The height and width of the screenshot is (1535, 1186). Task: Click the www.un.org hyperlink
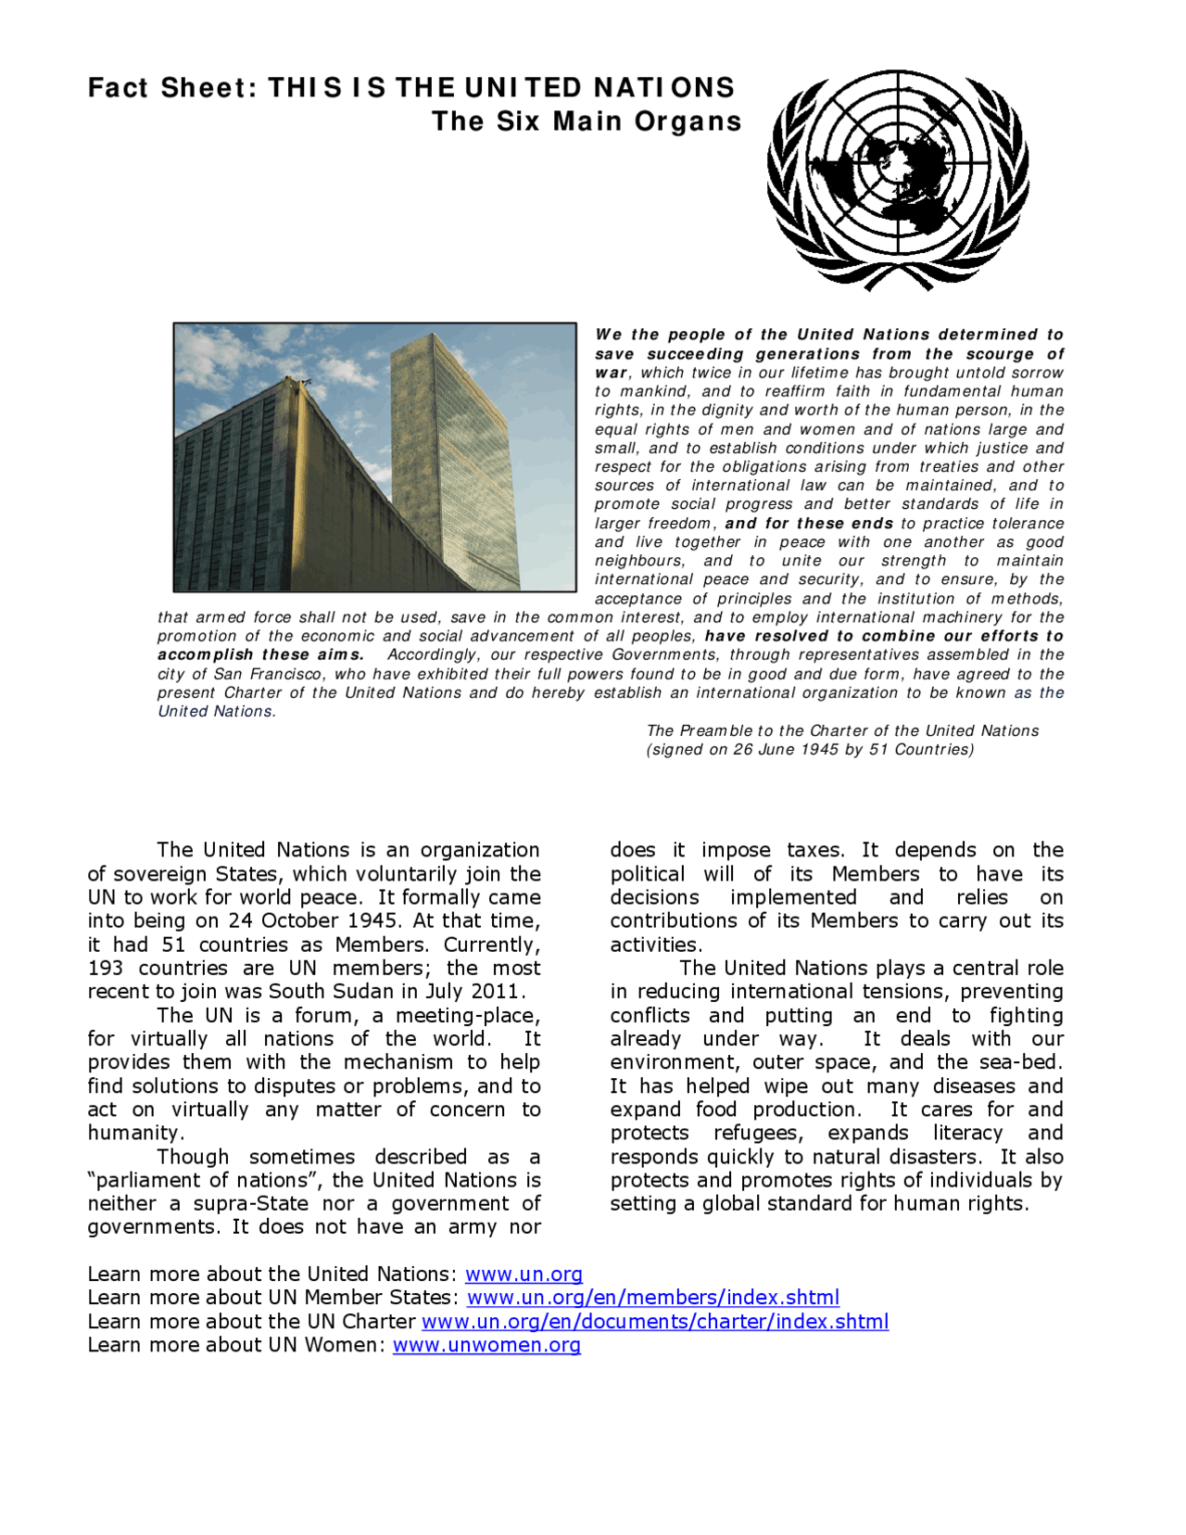click(x=524, y=1275)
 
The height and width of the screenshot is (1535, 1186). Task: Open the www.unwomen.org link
click(x=486, y=1345)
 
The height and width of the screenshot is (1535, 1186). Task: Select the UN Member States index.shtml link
click(x=653, y=1298)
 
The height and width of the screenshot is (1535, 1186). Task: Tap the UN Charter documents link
click(x=655, y=1322)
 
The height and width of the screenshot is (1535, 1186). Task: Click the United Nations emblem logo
click(x=897, y=180)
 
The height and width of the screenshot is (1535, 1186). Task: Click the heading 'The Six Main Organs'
click(x=587, y=121)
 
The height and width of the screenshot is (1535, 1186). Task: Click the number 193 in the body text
click(x=107, y=969)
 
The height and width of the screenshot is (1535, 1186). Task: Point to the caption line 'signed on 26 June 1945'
click(x=810, y=750)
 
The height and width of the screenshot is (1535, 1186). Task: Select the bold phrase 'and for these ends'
click(x=809, y=524)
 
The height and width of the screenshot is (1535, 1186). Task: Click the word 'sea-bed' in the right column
click(x=1027, y=1063)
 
